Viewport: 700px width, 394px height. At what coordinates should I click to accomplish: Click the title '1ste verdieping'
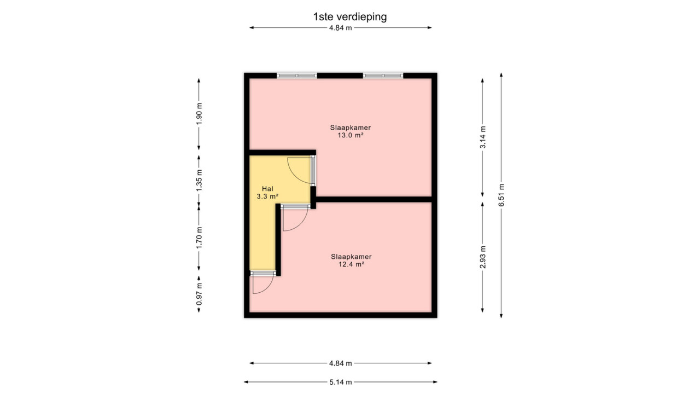350,16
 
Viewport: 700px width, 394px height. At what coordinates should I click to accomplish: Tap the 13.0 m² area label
351,135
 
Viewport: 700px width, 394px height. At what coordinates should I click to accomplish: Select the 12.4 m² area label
351,264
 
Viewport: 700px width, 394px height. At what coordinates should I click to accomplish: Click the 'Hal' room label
267,189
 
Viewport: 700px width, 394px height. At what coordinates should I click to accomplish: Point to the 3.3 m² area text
267,196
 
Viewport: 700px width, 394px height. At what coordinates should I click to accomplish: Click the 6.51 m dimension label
501,195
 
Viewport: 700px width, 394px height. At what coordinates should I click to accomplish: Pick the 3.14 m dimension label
483,137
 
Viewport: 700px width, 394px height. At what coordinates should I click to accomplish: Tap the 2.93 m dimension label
483,257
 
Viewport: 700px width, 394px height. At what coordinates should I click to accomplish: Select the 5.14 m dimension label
341,382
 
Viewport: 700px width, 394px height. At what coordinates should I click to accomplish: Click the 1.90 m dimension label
199,113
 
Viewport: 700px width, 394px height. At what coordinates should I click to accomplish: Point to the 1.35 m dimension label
199,181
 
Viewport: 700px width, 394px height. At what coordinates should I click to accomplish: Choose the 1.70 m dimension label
199,238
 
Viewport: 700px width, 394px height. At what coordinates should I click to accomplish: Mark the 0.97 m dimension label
199,294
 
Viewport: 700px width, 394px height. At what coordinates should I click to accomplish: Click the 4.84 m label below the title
341,28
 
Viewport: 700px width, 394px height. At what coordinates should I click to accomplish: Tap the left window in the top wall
297,76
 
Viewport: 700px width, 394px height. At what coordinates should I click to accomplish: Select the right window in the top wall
383,76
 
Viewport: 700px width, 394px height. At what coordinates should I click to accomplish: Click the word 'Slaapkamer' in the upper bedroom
351,128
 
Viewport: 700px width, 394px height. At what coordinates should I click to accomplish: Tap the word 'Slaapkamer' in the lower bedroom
351,257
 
